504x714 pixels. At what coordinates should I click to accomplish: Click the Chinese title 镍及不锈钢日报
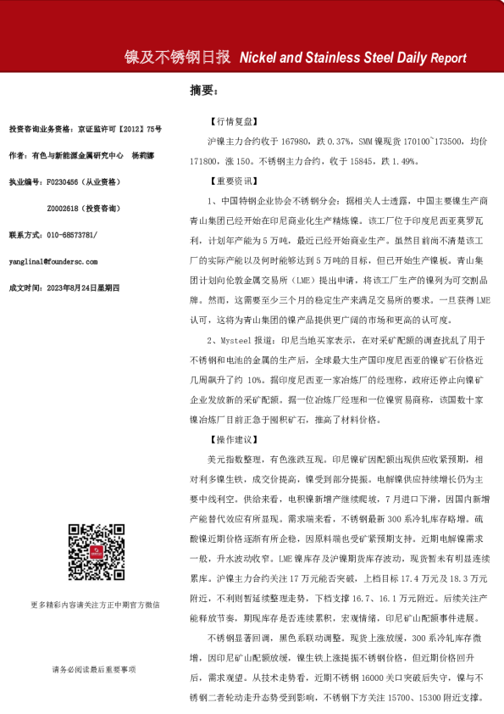click(x=177, y=58)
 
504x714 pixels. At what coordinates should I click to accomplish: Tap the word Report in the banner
click(x=448, y=59)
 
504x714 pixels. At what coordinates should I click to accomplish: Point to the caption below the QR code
click(x=95, y=605)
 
